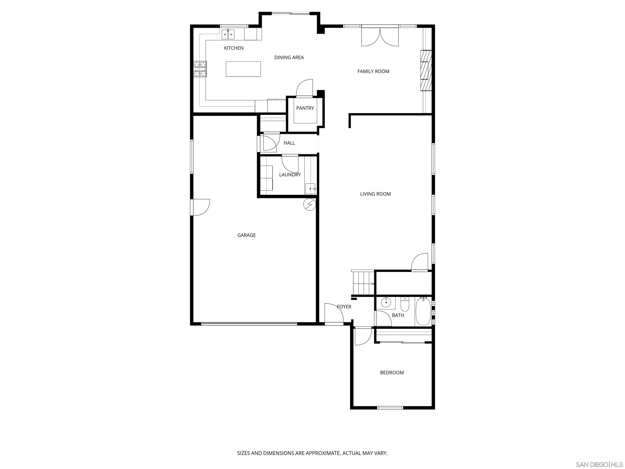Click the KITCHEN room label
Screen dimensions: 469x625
234,48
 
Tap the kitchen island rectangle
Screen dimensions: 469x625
243,69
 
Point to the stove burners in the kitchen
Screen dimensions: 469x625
200,69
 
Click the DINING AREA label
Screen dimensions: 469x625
289,57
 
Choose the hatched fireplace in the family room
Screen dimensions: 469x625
426,70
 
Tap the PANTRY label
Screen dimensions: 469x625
305,108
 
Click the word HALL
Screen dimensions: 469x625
289,143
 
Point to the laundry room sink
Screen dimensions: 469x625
310,188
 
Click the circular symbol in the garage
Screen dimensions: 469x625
309,204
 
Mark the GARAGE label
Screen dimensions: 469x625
246,235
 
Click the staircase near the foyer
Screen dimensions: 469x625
363,283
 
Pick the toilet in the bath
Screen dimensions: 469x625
405,305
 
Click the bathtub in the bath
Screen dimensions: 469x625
423,311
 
